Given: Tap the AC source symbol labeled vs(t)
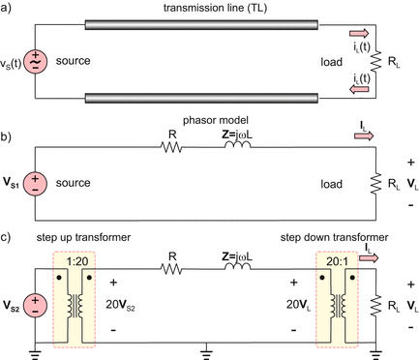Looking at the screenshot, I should tap(35, 59).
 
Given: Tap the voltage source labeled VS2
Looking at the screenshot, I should tap(35, 306).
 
